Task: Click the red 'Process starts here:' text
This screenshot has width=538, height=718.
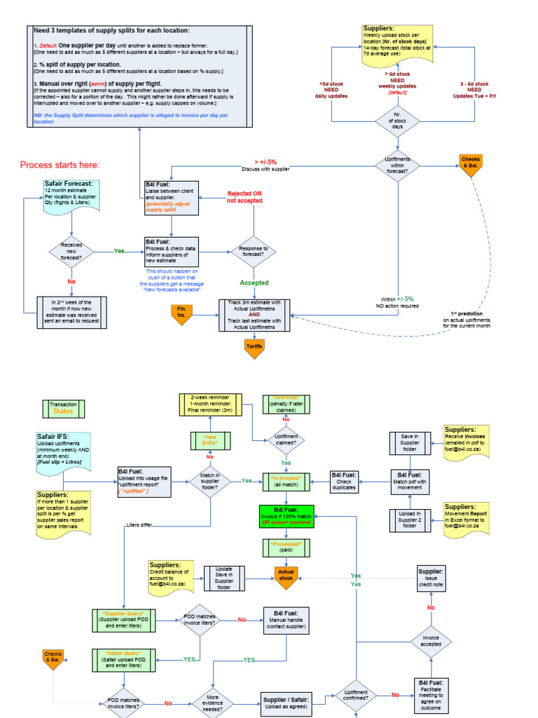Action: click(x=60, y=165)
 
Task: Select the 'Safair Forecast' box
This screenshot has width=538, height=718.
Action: click(x=72, y=196)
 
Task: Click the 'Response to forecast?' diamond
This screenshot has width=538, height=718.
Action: click(x=254, y=252)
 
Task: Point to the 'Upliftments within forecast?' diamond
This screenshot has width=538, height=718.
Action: click(x=397, y=165)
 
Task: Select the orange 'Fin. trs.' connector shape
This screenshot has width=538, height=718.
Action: click(x=181, y=315)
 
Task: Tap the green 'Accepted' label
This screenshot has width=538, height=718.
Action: click(x=254, y=283)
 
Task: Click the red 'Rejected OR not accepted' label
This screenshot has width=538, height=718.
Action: click(x=244, y=196)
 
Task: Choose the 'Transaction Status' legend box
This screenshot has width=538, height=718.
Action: click(x=63, y=408)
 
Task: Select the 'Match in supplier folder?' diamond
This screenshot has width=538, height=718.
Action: click(x=210, y=481)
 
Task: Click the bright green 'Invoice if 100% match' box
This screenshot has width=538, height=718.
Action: click(x=287, y=515)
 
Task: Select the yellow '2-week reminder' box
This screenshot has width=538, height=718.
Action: click(x=210, y=403)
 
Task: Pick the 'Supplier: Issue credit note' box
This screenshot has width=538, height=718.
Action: click(x=431, y=577)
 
